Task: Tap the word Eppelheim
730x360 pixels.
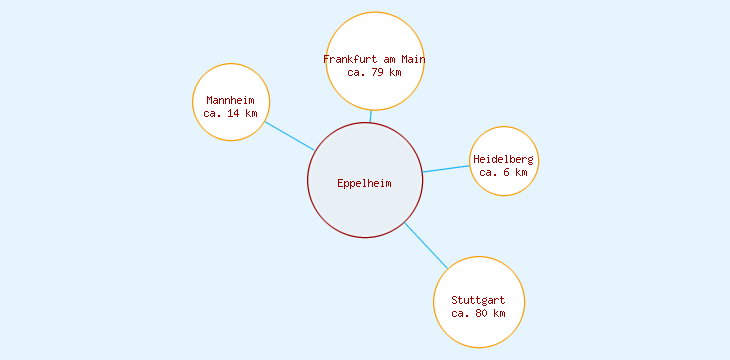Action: (365, 183)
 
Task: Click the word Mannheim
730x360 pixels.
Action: (231, 100)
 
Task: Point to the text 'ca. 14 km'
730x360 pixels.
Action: (231, 114)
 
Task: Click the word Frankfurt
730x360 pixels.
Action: (350, 59)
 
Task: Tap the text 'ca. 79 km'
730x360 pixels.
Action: (374, 72)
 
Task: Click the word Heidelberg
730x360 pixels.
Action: (504, 159)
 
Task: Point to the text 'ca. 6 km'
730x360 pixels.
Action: (504, 172)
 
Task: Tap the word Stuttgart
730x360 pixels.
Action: (478, 300)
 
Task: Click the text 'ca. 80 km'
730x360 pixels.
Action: (478, 313)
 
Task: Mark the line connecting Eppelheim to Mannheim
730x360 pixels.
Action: (290, 136)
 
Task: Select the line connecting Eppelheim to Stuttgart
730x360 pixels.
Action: (426, 246)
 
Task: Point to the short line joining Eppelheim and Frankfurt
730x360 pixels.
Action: (371, 116)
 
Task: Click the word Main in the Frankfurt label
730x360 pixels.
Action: (413, 59)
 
